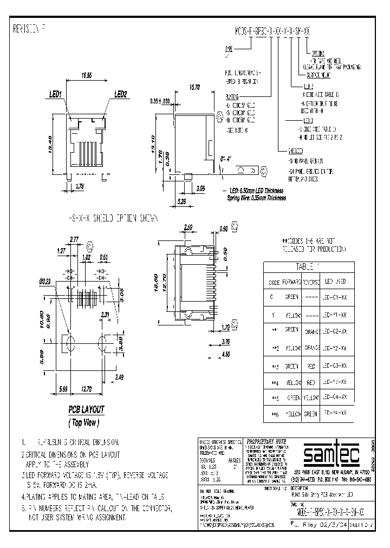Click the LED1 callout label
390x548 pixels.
pyautogui.click(x=56, y=95)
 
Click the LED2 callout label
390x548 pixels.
pyautogui.click(x=120, y=95)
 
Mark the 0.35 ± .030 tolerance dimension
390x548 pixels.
pyautogui.click(x=160, y=101)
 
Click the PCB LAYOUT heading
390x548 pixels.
pyautogui.click(x=86, y=410)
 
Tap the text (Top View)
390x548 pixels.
pyautogui.click(x=85, y=422)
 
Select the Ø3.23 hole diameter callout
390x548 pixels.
pyautogui.click(x=45, y=282)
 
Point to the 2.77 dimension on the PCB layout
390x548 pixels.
pyautogui.click(x=74, y=239)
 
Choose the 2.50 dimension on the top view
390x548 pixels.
pyautogui.click(x=188, y=227)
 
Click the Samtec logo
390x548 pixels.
pyautogui.click(x=329, y=454)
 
